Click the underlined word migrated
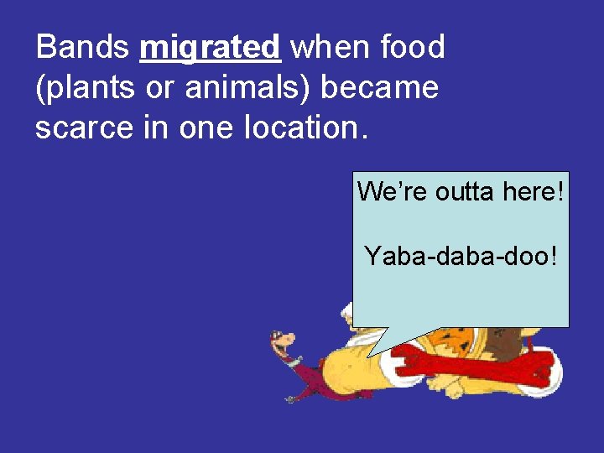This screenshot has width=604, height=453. [x=210, y=48]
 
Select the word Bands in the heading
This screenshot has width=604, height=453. [x=82, y=47]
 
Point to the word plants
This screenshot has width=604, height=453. [x=88, y=88]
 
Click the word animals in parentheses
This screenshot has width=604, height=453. [x=239, y=87]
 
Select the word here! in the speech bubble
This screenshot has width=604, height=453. [x=534, y=192]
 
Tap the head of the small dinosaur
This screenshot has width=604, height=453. [x=283, y=341]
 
